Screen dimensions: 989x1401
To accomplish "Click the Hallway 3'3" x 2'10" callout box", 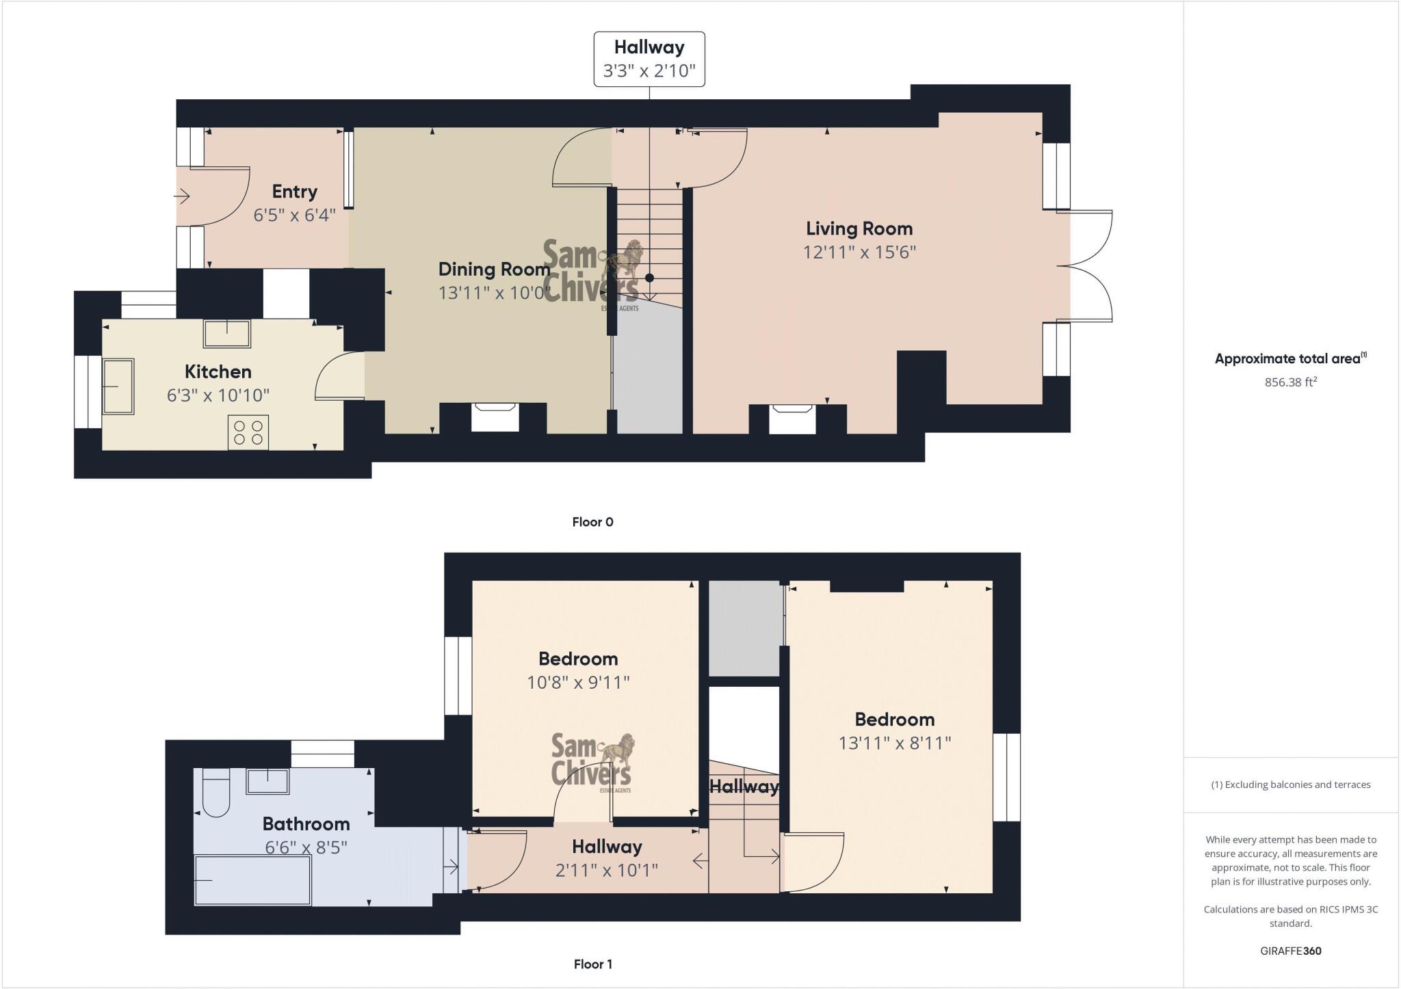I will point(649,60).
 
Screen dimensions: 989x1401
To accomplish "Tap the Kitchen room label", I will point(218,372).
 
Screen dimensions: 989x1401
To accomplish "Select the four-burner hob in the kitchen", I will point(248,432).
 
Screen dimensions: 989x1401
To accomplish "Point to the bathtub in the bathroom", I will point(252,880).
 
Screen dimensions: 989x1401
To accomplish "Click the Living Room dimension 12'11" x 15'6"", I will point(859,252).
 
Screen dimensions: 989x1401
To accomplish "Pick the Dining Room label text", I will point(494,269).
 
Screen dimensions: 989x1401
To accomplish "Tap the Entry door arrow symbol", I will point(182,198).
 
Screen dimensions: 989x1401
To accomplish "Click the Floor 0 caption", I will point(592,522).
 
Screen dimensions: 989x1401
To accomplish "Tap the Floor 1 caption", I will point(592,964).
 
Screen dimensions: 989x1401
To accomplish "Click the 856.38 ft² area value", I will point(1290,382).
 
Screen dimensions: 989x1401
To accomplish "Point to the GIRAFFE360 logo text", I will point(1290,951).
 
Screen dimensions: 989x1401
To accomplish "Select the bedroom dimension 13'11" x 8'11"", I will point(894,743).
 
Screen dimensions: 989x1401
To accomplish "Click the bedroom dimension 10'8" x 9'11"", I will point(578,683).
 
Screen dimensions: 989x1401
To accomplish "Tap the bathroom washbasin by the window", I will point(267,781).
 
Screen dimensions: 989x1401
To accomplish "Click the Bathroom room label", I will point(306,824).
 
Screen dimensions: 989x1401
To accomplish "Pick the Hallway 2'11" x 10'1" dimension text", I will point(606,870).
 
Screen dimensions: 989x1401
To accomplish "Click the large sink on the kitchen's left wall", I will point(118,386).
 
